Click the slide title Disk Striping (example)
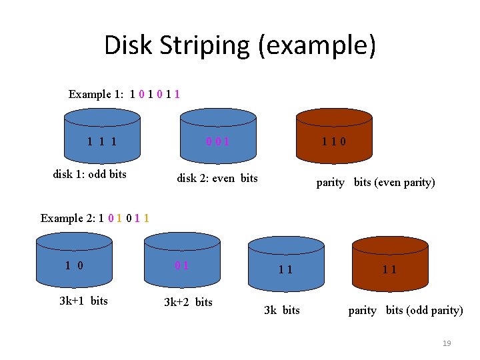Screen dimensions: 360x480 pos(240,45)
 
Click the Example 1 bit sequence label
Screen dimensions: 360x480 pos(124,94)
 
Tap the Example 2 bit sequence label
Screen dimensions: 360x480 pos(95,218)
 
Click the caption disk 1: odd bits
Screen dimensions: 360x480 pos(90,175)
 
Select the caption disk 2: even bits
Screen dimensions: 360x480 pos(217,178)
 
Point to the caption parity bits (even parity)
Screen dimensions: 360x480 pos(375,182)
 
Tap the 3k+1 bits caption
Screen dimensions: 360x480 pos(83,301)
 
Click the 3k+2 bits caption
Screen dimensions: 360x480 pos(188,302)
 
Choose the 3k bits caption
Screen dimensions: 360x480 pos(282,310)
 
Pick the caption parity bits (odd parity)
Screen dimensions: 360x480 pos(405,310)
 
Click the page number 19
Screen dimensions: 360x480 pos(447,343)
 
